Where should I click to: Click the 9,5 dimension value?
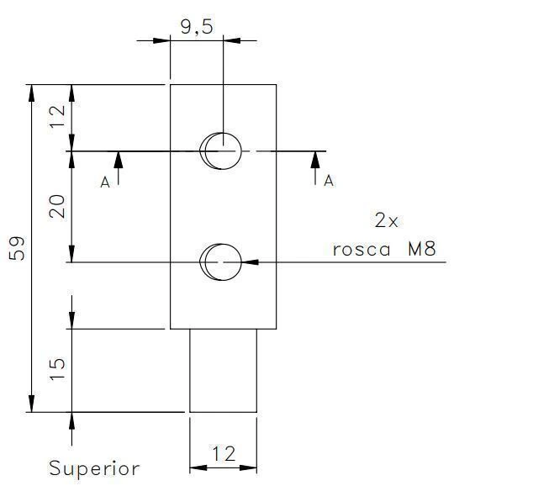(197, 27)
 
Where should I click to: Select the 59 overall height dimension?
(17, 248)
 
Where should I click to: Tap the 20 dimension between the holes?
(57, 206)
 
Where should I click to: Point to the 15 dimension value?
(57, 369)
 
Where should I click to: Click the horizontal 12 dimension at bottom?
(224, 454)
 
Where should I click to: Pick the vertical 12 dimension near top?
(57, 116)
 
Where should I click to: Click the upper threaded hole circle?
(224, 151)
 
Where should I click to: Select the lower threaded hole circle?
(224, 262)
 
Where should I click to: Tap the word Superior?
(94, 469)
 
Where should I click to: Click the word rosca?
(361, 250)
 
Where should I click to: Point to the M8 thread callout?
(421, 249)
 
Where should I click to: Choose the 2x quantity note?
(386, 220)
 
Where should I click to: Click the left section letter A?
(105, 182)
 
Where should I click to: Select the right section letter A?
(329, 181)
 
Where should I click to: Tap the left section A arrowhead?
(119, 160)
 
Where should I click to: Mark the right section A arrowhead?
(315, 160)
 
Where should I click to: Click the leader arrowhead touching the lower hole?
(250, 262)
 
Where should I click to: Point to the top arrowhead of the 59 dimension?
(32, 92)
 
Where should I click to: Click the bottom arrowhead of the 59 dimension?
(32, 404)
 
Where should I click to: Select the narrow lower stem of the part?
(223, 371)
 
